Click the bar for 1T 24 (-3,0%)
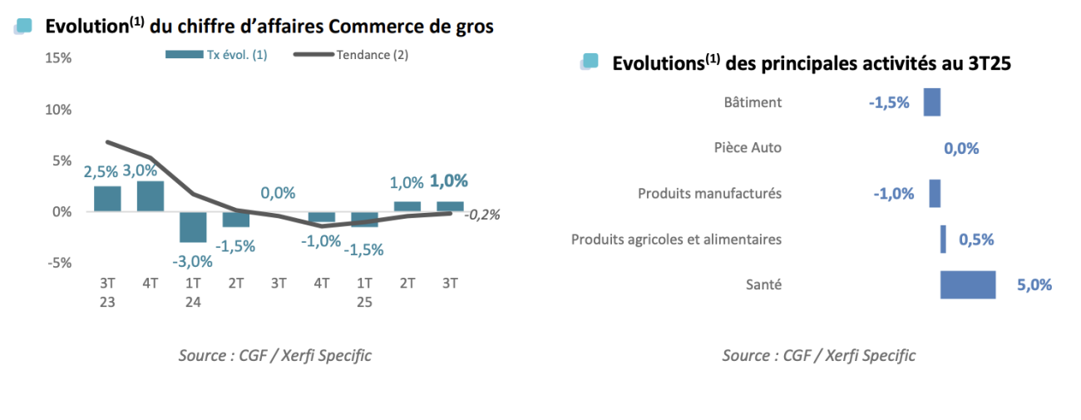(193, 226)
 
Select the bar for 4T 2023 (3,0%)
(151, 196)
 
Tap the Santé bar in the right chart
(968, 284)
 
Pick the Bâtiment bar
(932, 102)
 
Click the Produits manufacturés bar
(935, 193)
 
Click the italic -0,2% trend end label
(483, 215)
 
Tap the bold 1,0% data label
(449, 180)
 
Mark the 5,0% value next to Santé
(1034, 285)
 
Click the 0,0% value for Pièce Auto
(961, 149)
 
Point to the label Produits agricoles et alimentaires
(676, 240)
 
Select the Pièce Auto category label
(748, 148)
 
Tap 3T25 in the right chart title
(985, 63)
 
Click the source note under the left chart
(274, 355)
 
